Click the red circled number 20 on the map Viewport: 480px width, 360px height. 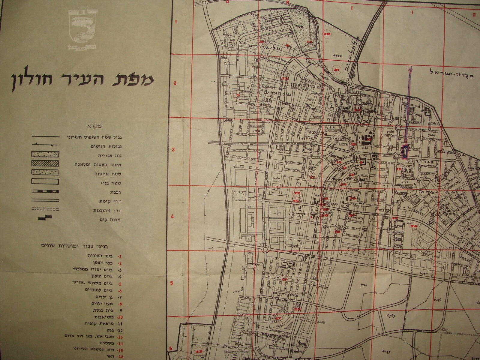pos(327,34)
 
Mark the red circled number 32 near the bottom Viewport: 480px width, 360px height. pos(198,351)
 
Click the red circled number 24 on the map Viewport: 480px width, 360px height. pos(414,226)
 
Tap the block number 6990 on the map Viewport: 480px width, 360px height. pos(337,56)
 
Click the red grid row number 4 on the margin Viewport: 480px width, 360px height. pos(172,217)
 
